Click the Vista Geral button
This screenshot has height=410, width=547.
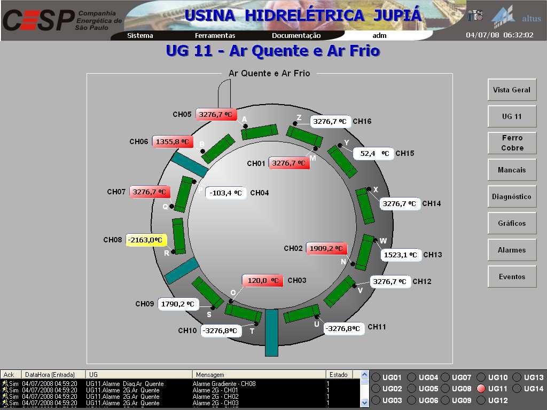512,90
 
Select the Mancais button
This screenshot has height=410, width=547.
512,170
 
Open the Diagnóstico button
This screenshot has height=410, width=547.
512,196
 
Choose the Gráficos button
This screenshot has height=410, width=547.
512,223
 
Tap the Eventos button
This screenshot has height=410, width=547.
512,277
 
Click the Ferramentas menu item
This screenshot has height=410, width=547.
215,36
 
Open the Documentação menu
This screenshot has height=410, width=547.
296,36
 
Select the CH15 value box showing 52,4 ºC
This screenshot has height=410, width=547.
374,154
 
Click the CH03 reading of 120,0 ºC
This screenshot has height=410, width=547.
263,280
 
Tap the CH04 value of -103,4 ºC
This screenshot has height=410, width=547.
226,193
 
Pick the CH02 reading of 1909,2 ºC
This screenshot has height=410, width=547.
326,249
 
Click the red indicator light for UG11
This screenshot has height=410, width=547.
481,389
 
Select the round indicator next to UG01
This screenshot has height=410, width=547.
376,377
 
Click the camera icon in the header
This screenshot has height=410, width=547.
475,15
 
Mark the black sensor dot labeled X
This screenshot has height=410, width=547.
368,189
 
